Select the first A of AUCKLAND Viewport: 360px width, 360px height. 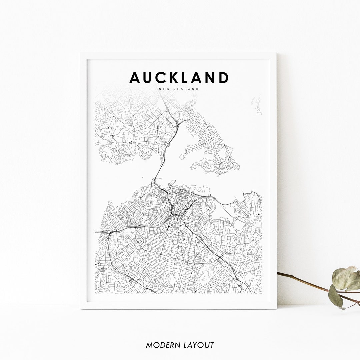pyautogui.click(x=135, y=78)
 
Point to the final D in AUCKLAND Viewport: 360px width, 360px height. pyautogui.click(x=223, y=78)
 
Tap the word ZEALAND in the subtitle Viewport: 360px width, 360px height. pyautogui.click(x=187, y=89)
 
